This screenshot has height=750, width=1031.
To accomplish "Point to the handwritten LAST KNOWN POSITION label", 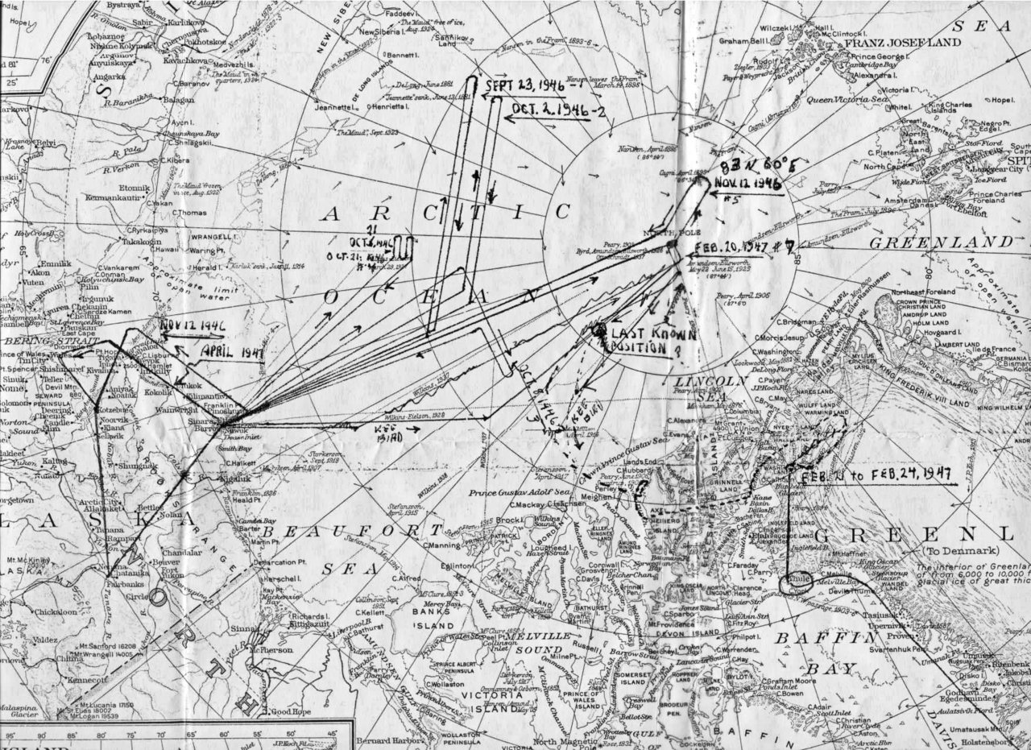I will (652, 340).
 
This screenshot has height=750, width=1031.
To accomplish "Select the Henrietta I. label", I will (393, 106).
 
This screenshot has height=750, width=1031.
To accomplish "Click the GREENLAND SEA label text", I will (939, 242).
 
